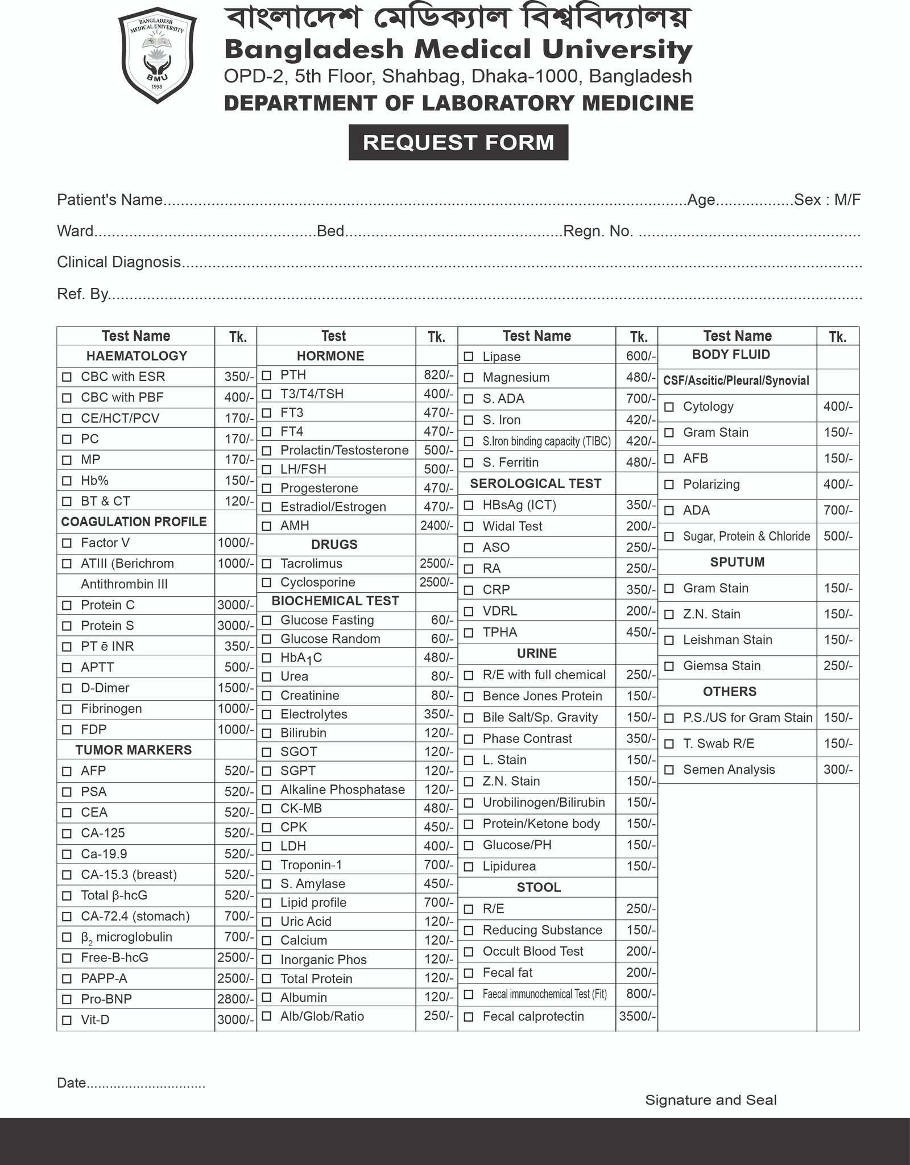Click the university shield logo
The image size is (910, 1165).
coord(157,57)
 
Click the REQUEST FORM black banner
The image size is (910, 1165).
coord(458,142)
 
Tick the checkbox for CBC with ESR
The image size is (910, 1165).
coord(67,377)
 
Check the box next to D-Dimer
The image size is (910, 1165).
coord(67,688)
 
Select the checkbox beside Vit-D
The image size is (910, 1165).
coord(67,1021)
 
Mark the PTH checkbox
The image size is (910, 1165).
coord(266,375)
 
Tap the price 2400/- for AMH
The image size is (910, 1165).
coord(436,526)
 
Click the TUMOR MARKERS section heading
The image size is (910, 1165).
coord(134,750)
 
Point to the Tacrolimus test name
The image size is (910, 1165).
coord(311,563)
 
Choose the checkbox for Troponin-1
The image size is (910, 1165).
coord(266,865)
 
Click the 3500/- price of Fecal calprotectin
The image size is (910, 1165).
coord(637,1016)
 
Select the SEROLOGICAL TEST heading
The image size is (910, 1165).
coord(535,484)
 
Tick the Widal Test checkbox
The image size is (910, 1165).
coord(469,527)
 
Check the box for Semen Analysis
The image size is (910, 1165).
coord(669,770)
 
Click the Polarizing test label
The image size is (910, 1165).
coord(711,484)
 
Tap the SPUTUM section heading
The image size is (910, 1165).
coord(737,562)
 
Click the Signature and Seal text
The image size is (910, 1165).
coord(710,1100)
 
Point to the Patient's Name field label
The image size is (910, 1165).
coord(110,200)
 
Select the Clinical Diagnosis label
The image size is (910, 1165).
coord(119,262)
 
